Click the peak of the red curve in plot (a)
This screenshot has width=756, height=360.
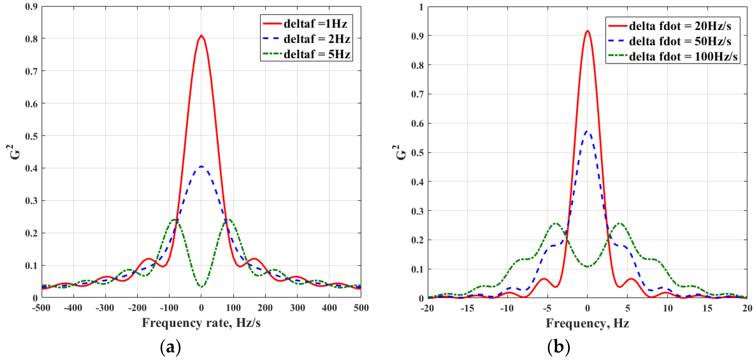tap(201, 36)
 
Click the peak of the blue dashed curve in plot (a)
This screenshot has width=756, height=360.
tap(201, 167)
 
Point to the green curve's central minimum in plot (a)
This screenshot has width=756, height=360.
tap(201, 287)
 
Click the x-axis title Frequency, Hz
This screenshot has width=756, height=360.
tap(587, 323)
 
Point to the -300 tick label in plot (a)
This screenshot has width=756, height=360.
tap(105, 308)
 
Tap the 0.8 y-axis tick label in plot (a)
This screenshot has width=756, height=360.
tap(31, 39)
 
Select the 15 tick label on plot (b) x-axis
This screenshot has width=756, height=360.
tap(707, 308)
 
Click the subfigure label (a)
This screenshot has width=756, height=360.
tap(171, 347)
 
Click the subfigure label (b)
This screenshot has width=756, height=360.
tap(559, 347)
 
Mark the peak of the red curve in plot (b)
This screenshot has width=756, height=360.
tap(587, 31)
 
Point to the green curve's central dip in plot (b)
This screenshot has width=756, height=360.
tap(587, 266)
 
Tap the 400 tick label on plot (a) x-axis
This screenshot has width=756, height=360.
tap(329, 308)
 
